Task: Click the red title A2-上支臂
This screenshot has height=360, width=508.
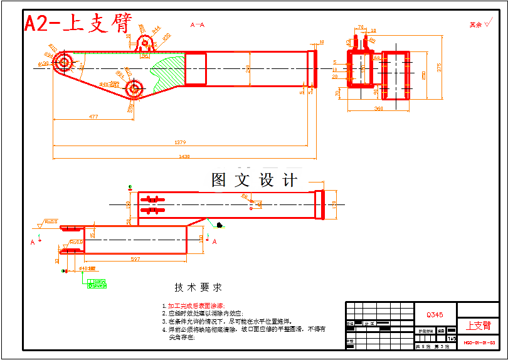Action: tap(78, 23)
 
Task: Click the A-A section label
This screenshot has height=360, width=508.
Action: tap(198, 25)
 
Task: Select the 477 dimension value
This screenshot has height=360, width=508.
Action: tap(93, 116)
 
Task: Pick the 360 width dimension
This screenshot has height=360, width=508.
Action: tap(379, 109)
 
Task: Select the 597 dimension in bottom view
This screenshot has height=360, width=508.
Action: tap(135, 258)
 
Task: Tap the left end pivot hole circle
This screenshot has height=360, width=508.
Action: tap(63, 61)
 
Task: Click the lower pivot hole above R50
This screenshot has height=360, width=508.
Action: tap(134, 88)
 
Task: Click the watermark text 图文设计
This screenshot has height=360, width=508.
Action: tap(254, 181)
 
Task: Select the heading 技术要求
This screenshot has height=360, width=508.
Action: tap(198, 287)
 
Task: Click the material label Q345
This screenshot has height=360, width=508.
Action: tap(435, 315)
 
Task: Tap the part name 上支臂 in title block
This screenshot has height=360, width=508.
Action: tap(478, 326)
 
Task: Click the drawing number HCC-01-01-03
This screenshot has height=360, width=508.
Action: tap(479, 343)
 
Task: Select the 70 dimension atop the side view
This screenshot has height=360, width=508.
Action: tap(361, 27)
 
